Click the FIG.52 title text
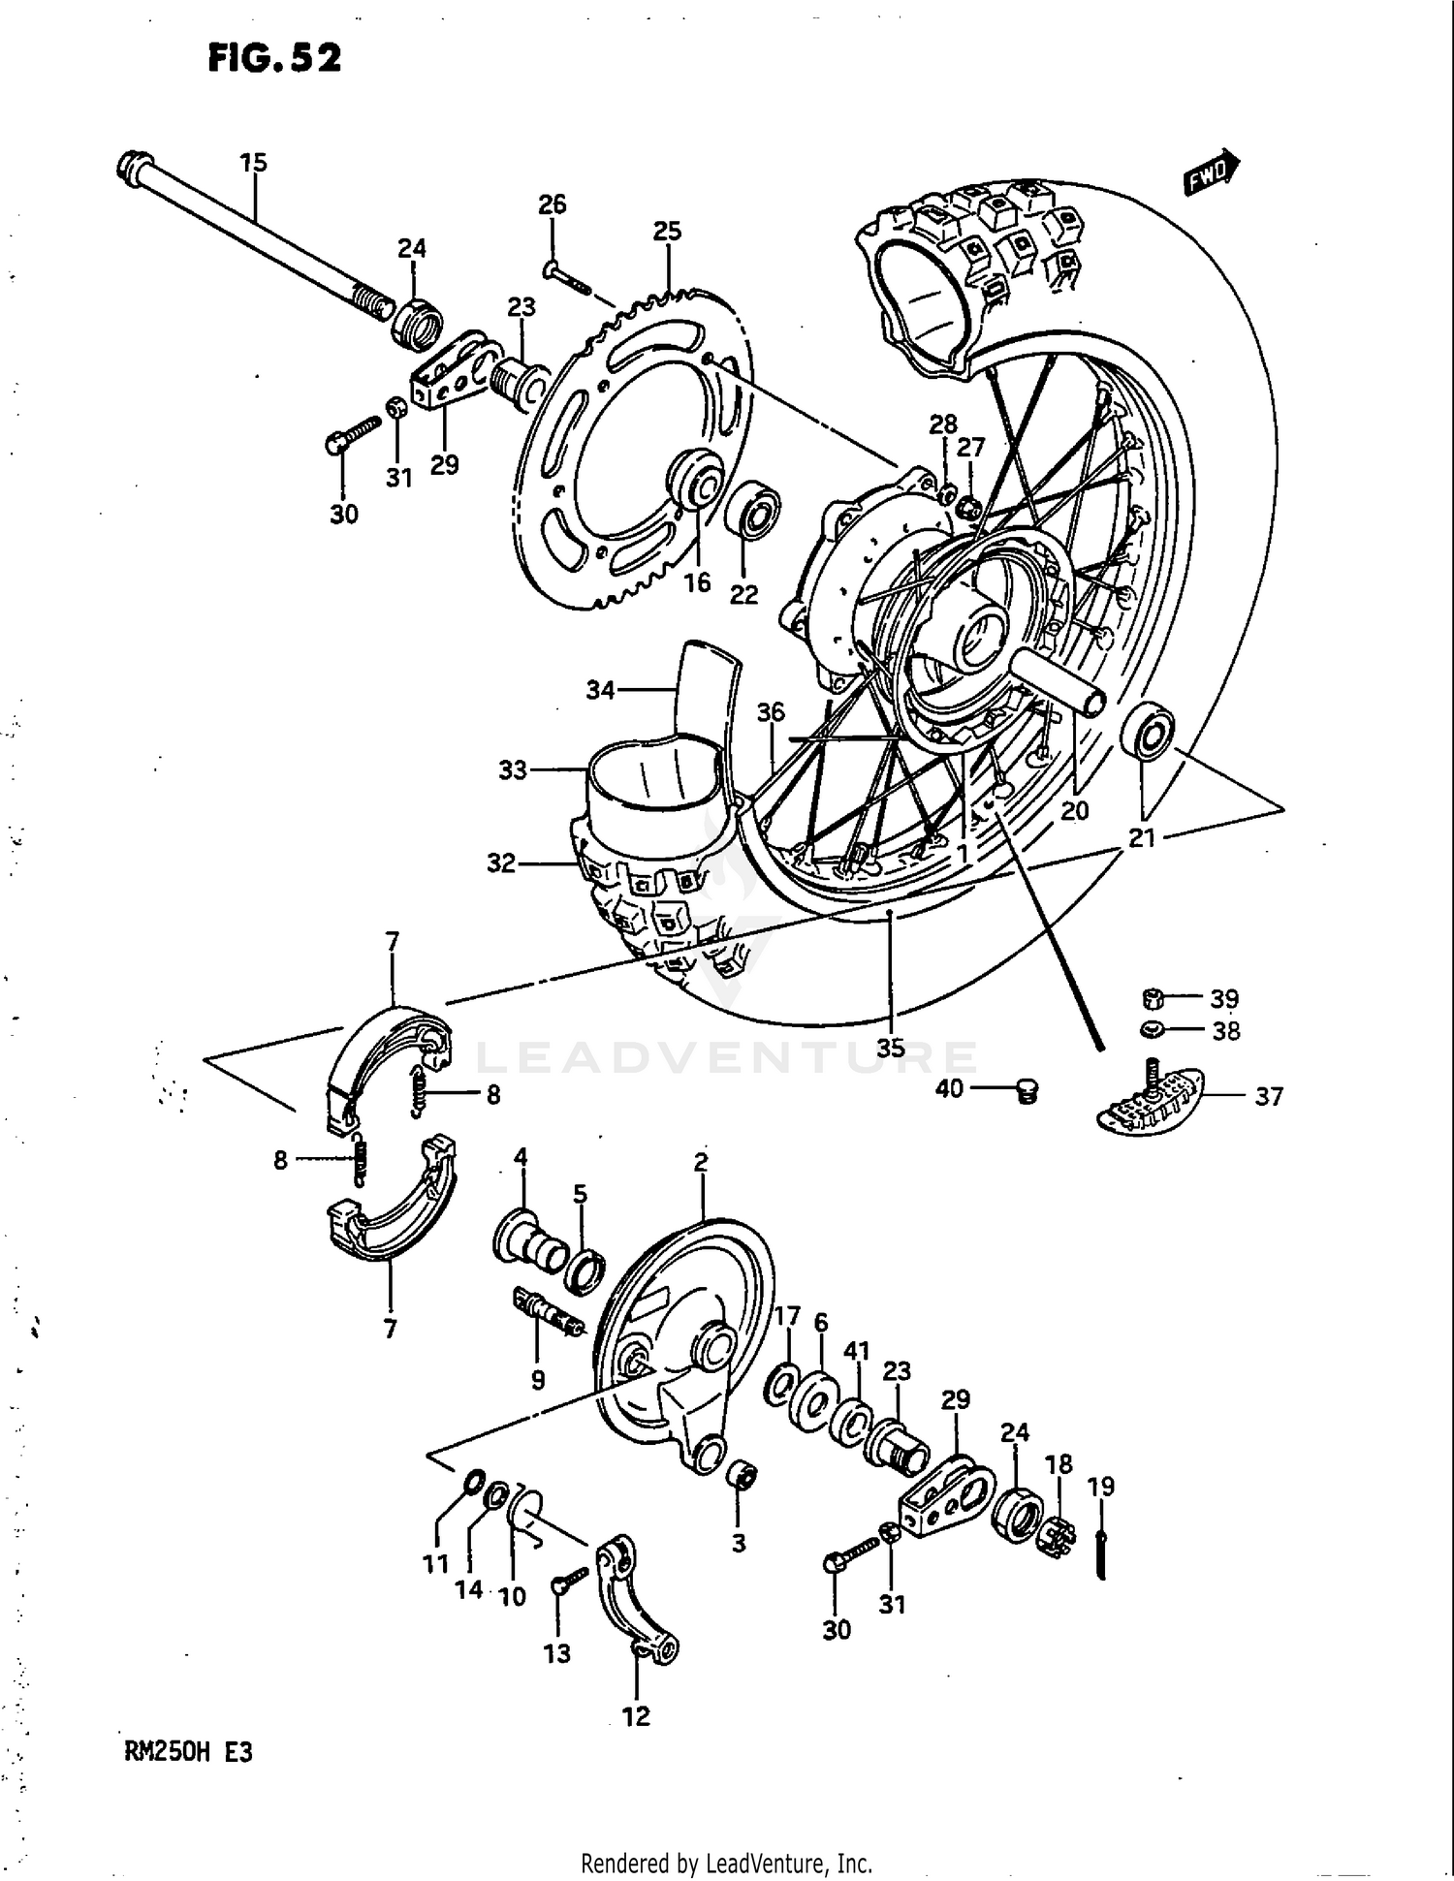click(x=274, y=59)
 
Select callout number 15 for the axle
click(x=253, y=163)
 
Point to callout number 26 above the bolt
click(x=553, y=204)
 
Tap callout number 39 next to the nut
click(x=1224, y=998)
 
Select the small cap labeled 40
click(x=1027, y=1093)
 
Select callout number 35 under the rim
click(x=890, y=1048)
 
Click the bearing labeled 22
click(x=754, y=509)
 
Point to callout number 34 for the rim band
click(x=600, y=691)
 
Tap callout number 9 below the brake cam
click(x=538, y=1379)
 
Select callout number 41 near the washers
click(x=857, y=1351)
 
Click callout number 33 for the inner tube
click(x=512, y=770)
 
